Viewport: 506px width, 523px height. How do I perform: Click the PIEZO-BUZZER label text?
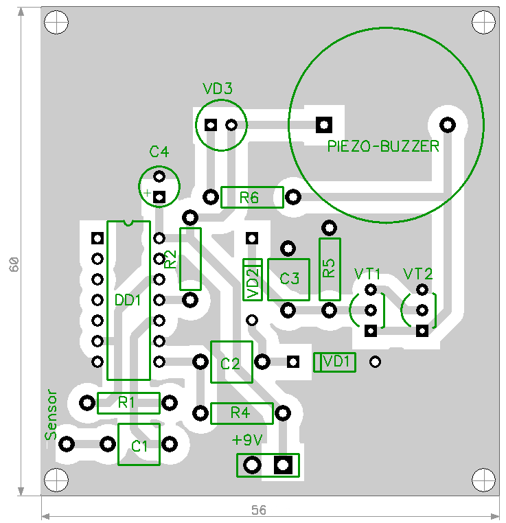click(x=383, y=146)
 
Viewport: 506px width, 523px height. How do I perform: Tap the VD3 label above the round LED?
click(x=218, y=89)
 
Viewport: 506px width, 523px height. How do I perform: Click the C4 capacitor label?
click(x=159, y=152)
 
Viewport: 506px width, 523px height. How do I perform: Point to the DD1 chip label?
click(x=128, y=301)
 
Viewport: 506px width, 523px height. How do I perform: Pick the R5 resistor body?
click(x=330, y=269)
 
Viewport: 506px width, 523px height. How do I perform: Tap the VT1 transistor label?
click(x=367, y=274)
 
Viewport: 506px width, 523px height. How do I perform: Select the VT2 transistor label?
click(x=417, y=274)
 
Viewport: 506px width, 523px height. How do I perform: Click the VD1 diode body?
click(x=334, y=362)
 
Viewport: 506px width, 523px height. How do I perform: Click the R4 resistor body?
click(x=242, y=414)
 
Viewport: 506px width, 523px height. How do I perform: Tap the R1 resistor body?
click(x=128, y=404)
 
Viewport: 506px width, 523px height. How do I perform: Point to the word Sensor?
click(x=51, y=415)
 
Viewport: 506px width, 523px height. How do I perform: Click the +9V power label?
click(x=247, y=440)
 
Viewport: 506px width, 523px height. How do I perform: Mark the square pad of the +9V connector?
click(x=283, y=465)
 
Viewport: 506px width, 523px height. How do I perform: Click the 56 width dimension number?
click(x=259, y=510)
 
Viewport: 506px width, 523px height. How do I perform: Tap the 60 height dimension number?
click(x=14, y=264)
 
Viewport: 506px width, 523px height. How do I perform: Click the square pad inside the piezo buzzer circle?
click(x=324, y=125)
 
